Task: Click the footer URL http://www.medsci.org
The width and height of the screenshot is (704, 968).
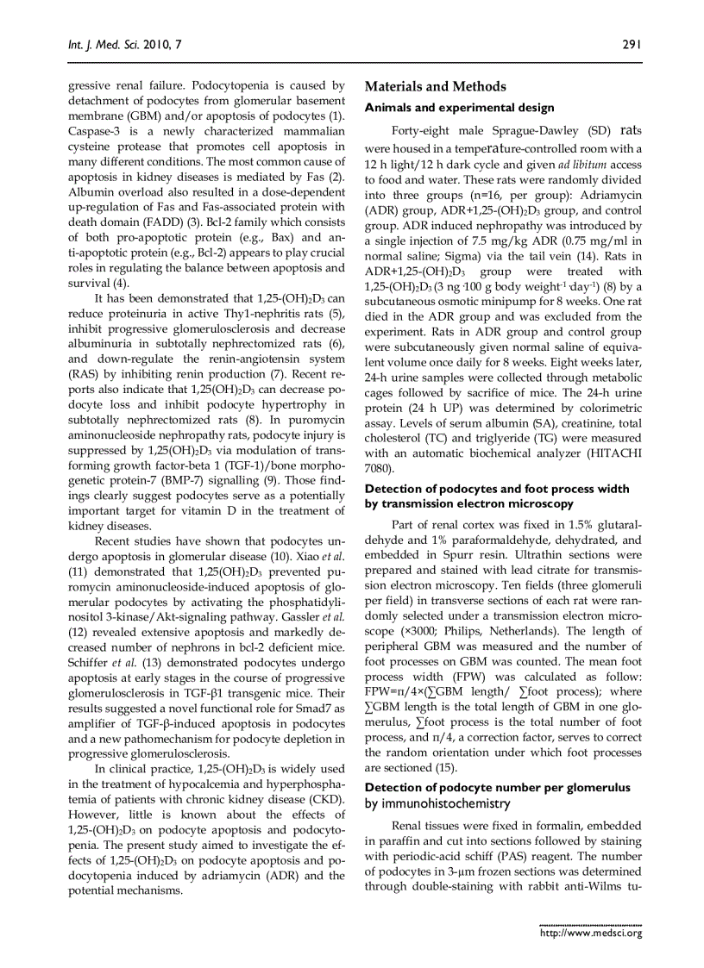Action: pyautogui.click(x=590, y=933)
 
